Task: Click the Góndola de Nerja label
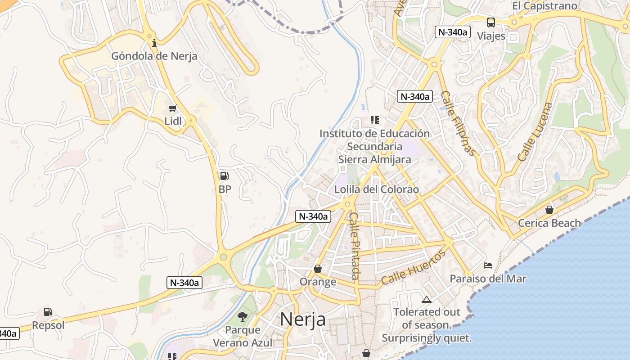(154, 56)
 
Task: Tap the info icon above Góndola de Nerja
(154, 43)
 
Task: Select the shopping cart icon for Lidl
(172, 108)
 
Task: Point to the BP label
(225, 189)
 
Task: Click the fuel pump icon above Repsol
(48, 311)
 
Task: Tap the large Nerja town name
(303, 319)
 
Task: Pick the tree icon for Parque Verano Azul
(243, 316)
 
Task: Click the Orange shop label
(318, 282)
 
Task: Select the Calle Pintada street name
(355, 246)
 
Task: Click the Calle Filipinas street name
(458, 123)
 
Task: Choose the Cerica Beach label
(549, 223)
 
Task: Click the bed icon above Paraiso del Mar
(488, 265)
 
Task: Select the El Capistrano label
(544, 6)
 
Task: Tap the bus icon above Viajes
(491, 22)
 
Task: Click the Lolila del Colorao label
(376, 189)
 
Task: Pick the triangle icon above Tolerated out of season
(426, 299)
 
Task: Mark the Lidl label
(173, 121)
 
